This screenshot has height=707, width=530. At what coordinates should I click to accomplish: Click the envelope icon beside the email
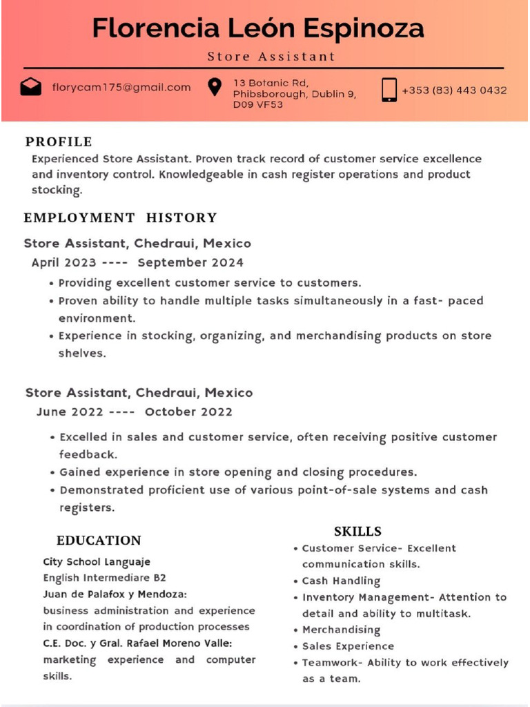pos(30,87)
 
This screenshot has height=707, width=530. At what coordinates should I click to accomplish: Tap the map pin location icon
pos(215,86)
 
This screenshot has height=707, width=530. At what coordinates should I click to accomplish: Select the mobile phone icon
pos(389,90)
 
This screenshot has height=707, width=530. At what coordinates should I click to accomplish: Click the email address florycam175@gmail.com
pos(121,87)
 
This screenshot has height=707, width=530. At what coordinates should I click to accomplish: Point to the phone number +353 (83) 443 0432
pos(454,90)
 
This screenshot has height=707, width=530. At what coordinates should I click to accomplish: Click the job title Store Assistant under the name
pos(271,57)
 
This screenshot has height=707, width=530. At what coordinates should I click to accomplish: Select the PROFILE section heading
pos(59,142)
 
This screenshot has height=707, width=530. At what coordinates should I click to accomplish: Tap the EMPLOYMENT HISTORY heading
pos(120,218)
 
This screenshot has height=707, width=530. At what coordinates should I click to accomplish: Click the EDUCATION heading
pos(99,541)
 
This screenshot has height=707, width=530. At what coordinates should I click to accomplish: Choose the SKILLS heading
pos(357,532)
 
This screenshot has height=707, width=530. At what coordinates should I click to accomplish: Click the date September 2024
pos(190,262)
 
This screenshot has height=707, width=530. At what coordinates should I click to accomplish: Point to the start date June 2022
pos(70,412)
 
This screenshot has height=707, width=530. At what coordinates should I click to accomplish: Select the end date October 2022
pos(188,412)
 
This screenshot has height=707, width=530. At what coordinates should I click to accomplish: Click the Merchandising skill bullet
pos(341,630)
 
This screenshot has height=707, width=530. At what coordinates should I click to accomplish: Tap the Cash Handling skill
pos(341,581)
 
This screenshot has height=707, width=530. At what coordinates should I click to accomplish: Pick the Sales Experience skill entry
pos(348,646)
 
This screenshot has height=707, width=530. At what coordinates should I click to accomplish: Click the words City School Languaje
pos(97,562)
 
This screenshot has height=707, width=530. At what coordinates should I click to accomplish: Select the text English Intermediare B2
pos(104,578)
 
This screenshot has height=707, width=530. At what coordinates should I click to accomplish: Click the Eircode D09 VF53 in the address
pos(257,105)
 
